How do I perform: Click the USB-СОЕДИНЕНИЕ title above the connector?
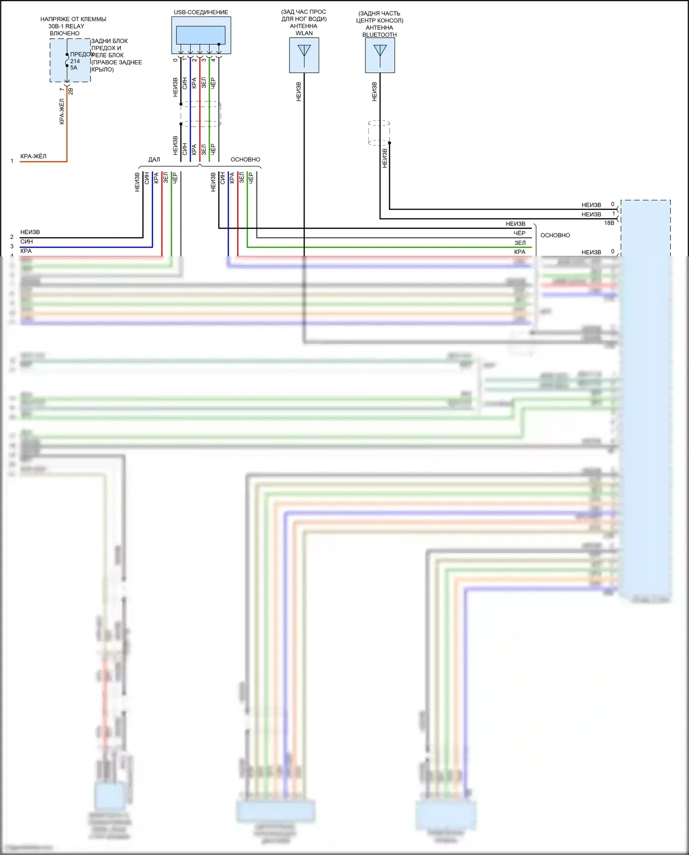pos(201,12)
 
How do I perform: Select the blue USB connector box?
pos(201,35)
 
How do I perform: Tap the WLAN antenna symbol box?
pos(304,55)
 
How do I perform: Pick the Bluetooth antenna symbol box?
pos(380,55)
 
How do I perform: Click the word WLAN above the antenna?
pos(304,33)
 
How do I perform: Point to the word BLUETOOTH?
pos(379,35)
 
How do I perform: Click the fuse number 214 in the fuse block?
pos(75,61)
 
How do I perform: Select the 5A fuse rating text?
pos(74,68)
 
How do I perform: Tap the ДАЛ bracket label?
pos(154,159)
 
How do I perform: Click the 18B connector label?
pos(609,223)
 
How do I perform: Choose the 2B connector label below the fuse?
pos(71,91)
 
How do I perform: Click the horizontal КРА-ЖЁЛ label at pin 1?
pos(34,156)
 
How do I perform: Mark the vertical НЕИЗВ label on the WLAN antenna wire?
pos(299,91)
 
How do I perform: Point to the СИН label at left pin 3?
pos(27,242)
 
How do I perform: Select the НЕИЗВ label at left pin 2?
pos(30,232)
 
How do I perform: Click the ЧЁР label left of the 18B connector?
pos(520,233)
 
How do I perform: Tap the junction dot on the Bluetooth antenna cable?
pos(390,143)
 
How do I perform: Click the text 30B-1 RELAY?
pos(67,26)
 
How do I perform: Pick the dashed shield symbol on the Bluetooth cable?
pos(379,133)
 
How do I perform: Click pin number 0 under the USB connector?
pos(175,60)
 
